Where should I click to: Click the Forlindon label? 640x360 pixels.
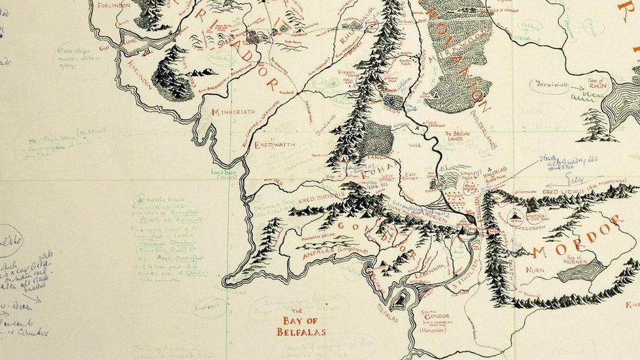point(113,5)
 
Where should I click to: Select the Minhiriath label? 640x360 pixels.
point(233,112)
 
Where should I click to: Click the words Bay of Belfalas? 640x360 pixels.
point(301,326)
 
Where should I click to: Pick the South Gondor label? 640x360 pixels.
point(437,317)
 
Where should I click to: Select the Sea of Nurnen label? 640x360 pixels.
point(576,260)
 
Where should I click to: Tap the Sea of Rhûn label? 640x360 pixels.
point(595,84)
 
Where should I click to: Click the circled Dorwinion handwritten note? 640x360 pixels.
point(549,86)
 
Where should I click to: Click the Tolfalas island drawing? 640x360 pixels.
point(399,300)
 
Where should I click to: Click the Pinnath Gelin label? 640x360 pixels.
point(318,234)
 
